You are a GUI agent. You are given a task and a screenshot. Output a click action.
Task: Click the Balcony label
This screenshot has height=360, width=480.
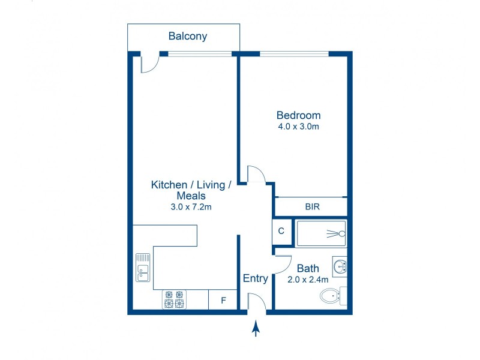[x=188, y=37]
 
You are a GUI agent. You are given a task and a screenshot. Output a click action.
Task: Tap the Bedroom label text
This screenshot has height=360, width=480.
[x=298, y=115]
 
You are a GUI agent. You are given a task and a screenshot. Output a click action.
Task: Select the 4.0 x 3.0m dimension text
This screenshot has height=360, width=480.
[x=298, y=127]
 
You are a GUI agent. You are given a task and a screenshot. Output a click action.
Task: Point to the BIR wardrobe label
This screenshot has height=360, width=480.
[x=312, y=207]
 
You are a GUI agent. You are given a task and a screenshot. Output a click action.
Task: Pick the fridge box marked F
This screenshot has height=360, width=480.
[x=223, y=300]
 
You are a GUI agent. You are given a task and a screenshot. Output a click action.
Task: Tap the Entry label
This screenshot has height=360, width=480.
[x=255, y=278]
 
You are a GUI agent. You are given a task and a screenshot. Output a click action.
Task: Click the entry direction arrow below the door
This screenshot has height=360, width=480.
[x=256, y=328]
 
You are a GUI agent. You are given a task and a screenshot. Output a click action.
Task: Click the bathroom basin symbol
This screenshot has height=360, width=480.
[x=340, y=266]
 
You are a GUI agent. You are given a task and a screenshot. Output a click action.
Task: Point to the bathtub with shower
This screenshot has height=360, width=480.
[x=321, y=233]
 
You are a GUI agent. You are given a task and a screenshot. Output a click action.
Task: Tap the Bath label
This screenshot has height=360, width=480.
[x=308, y=268]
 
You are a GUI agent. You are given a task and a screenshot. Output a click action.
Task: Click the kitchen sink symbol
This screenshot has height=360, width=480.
[x=143, y=267]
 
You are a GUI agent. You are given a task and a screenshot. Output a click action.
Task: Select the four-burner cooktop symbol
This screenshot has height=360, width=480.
[x=174, y=299]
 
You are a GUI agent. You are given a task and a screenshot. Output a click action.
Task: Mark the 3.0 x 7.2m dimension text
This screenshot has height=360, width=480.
[x=191, y=208]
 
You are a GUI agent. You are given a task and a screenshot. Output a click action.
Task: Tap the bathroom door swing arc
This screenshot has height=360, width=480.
[x=283, y=264]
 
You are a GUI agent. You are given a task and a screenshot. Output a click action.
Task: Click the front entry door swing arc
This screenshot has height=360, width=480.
[x=256, y=301]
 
